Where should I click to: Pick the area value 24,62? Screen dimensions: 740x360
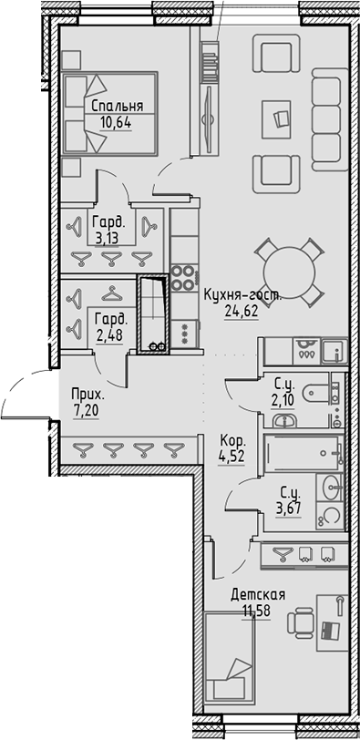[x=240, y=309]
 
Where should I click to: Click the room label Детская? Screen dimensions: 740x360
[x=257, y=594]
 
